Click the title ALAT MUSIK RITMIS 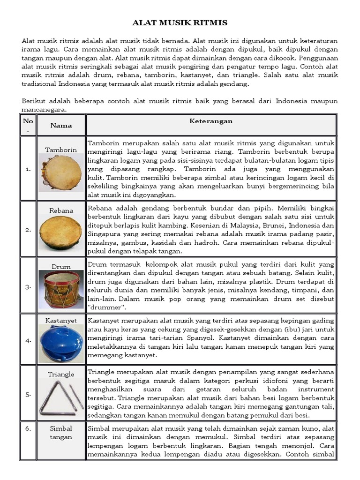tap(180, 22)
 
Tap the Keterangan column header tap(211, 121)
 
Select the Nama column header tap(61, 125)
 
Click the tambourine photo tap(61, 172)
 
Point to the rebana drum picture tap(61, 232)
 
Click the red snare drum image tap(61, 289)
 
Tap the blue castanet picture tap(61, 344)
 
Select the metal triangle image tap(61, 398)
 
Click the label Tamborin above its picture tap(61, 150)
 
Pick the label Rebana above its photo tap(61, 210)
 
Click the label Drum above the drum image tap(61, 267)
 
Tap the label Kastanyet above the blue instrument tap(61, 320)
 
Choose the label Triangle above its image tap(61, 374)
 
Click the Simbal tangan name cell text tap(61, 433)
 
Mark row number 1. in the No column tap(28, 169)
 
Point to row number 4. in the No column tap(28, 340)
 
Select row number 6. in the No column tap(28, 428)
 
